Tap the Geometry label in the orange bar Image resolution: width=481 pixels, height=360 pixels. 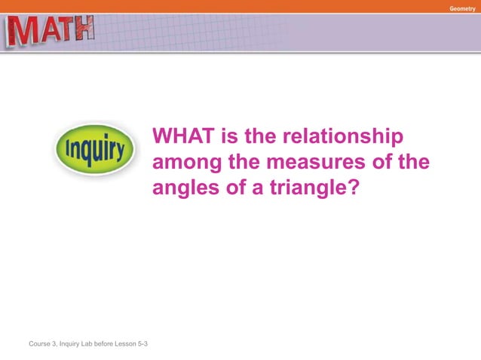point(462,7)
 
